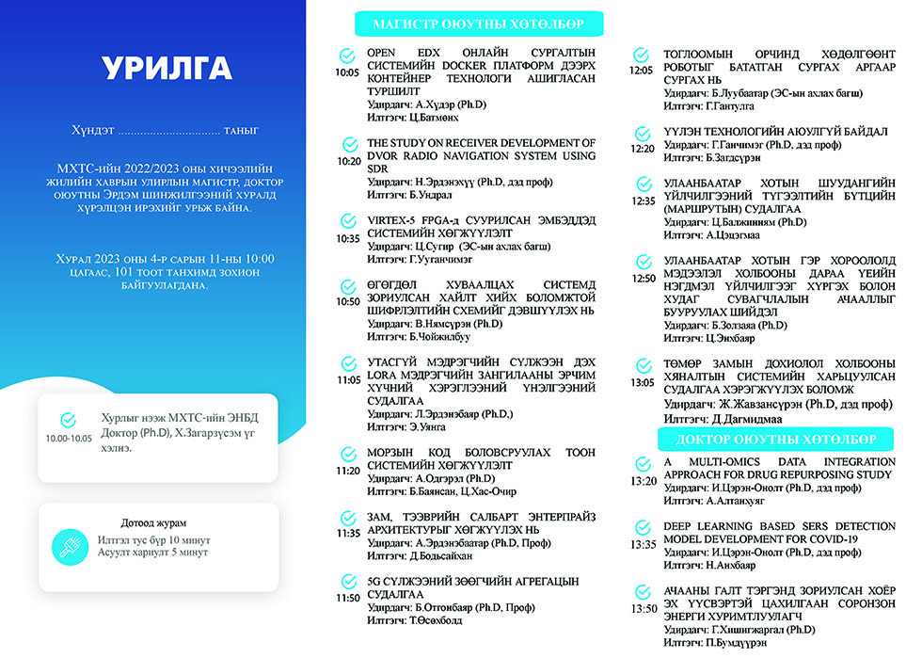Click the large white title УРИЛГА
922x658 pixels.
(166, 69)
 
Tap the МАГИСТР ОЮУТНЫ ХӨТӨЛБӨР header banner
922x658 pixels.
(478, 24)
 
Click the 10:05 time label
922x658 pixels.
(347, 72)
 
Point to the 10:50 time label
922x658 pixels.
(347, 301)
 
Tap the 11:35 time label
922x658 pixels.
(347, 533)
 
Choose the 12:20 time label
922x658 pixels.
(643, 148)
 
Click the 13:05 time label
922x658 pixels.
(643, 383)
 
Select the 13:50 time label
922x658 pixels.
(644, 608)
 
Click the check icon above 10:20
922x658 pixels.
(347, 144)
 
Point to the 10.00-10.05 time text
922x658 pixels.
(69, 438)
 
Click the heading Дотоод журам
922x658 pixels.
(153, 522)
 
